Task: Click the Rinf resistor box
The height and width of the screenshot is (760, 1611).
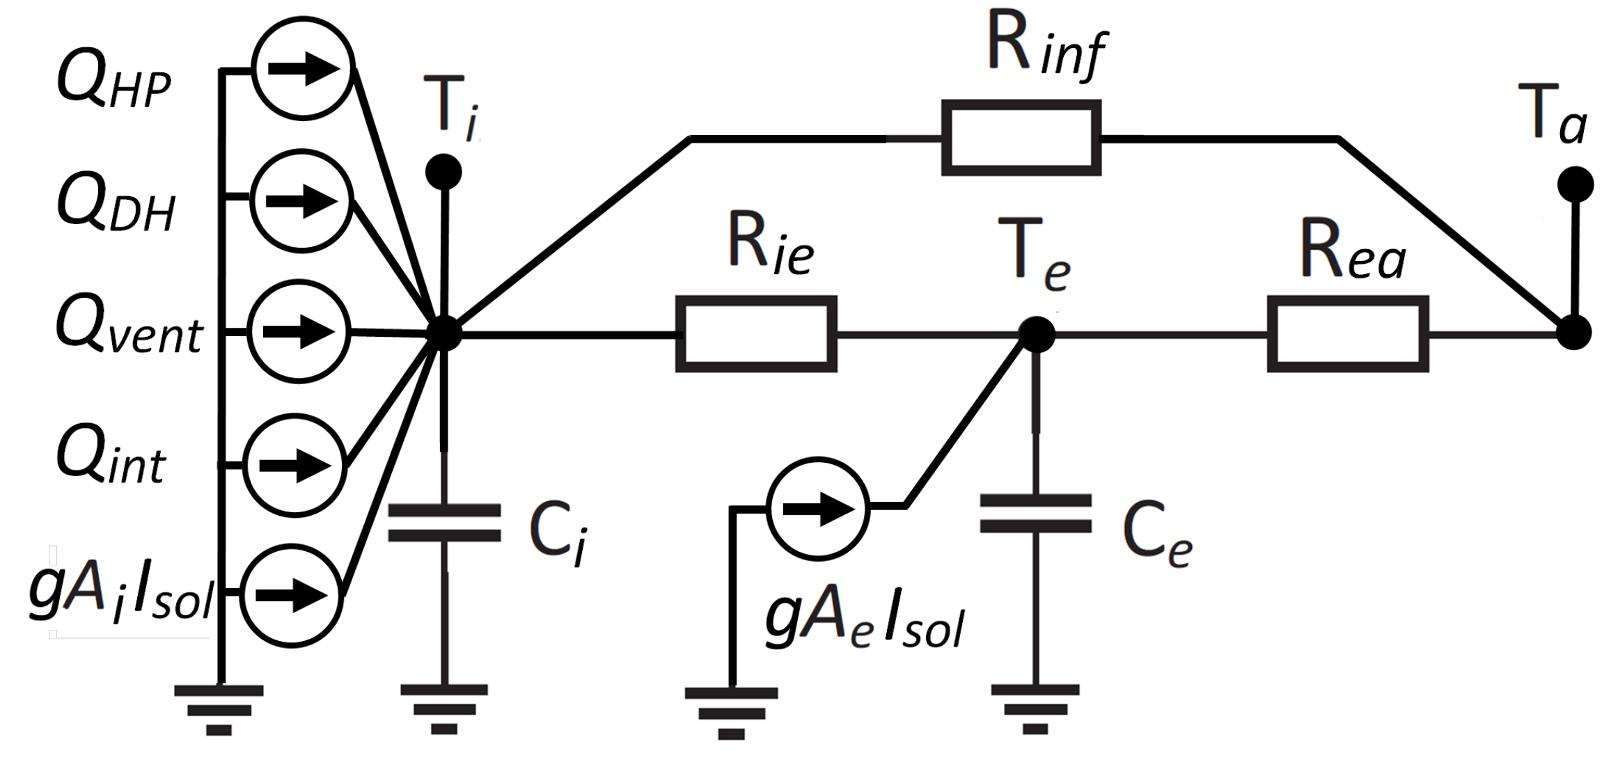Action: coord(1021,138)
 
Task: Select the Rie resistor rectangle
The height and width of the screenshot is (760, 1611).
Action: coord(756,334)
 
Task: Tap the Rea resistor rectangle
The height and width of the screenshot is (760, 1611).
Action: coord(1348,334)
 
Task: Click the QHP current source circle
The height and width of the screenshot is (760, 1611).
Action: coord(302,69)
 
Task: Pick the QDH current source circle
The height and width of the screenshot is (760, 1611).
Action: coord(301,201)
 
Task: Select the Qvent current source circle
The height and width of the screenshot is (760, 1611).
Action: coord(299,332)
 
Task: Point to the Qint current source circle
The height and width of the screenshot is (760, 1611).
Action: coord(296,465)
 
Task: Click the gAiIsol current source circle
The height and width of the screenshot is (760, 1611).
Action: coord(292,596)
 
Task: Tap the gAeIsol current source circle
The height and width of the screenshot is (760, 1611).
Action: coord(818,508)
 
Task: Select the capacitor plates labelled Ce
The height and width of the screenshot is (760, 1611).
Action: coord(1035,514)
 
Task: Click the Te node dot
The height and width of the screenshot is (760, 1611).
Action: coord(1036,334)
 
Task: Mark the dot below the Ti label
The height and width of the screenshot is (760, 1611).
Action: coord(443,171)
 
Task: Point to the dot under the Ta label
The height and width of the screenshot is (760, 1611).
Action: coord(1575,184)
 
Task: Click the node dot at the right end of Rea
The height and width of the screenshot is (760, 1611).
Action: coord(1573,333)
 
